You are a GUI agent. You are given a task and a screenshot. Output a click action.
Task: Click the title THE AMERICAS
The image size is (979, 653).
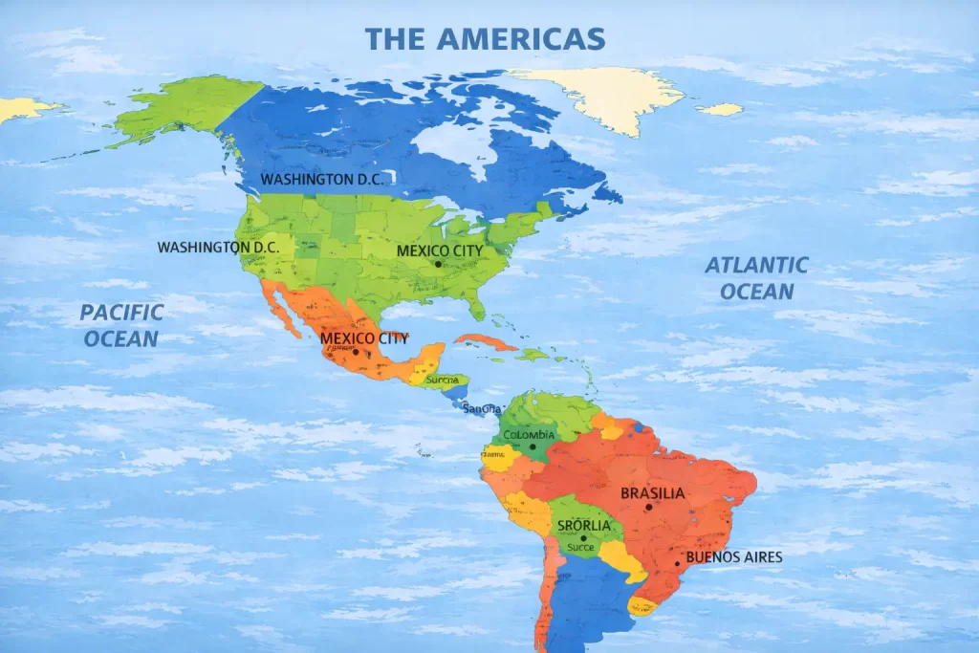pos(485,38)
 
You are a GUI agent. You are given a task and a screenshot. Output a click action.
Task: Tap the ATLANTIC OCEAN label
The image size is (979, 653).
pos(756,277)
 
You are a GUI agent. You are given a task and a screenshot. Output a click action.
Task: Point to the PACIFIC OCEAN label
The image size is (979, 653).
pos(120,325)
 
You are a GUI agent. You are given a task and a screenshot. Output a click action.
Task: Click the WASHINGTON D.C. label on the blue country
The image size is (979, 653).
pos(326,179)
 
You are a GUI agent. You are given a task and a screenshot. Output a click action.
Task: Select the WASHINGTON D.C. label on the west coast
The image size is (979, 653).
pos(218,247)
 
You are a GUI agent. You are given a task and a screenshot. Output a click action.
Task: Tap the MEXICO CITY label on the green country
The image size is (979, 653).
pos(440,250)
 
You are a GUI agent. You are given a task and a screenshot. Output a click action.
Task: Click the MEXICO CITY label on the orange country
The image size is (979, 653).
pos(363,338)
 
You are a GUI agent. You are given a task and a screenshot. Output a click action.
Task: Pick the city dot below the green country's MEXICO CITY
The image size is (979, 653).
pos(438,264)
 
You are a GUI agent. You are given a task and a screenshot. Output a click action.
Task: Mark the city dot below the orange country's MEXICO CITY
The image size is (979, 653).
pos(356,352)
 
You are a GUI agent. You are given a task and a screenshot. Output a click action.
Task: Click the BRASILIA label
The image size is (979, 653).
pos(653,493)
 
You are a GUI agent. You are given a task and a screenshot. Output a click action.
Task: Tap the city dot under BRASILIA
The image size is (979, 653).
pos(648,507)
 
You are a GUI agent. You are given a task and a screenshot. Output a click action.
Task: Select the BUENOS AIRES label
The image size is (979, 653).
pos(734,557)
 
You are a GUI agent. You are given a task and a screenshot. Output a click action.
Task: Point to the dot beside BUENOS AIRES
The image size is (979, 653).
pos(677,563)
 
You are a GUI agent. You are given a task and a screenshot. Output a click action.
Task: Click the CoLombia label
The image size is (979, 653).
pos(529,435)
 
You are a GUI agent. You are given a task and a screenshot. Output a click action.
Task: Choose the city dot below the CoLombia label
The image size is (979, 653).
pos(533,446)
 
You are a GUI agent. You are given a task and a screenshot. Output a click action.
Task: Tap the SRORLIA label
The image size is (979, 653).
pos(583,526)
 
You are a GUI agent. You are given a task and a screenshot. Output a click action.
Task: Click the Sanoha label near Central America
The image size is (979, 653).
pos(480,409)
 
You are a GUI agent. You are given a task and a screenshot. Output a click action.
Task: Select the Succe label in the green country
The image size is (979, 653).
pos(580,548)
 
